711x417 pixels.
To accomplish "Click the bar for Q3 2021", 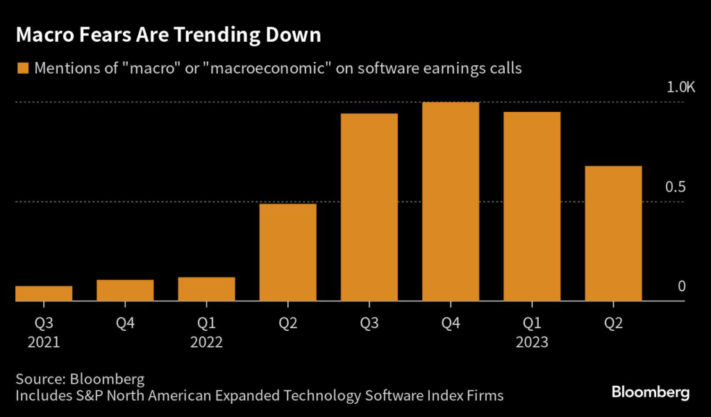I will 44,293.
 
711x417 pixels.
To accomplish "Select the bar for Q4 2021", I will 125,291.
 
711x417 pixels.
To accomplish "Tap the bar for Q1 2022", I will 206,289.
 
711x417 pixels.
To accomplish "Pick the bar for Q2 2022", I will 287,252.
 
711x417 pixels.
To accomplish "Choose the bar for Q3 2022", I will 369,207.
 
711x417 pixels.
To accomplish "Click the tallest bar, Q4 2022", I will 451,202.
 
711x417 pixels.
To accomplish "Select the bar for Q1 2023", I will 532,206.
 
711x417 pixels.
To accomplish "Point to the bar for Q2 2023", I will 613,234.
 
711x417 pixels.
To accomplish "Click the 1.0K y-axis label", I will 680,88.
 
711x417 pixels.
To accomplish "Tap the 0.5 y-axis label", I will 676,188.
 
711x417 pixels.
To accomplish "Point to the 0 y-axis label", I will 681,286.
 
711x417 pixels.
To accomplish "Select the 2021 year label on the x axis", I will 44,342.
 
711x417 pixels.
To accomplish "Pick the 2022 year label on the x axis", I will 206,342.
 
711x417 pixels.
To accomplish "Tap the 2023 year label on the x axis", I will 532,342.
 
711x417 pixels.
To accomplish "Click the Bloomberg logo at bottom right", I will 650,393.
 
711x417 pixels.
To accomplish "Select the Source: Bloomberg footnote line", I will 80,379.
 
